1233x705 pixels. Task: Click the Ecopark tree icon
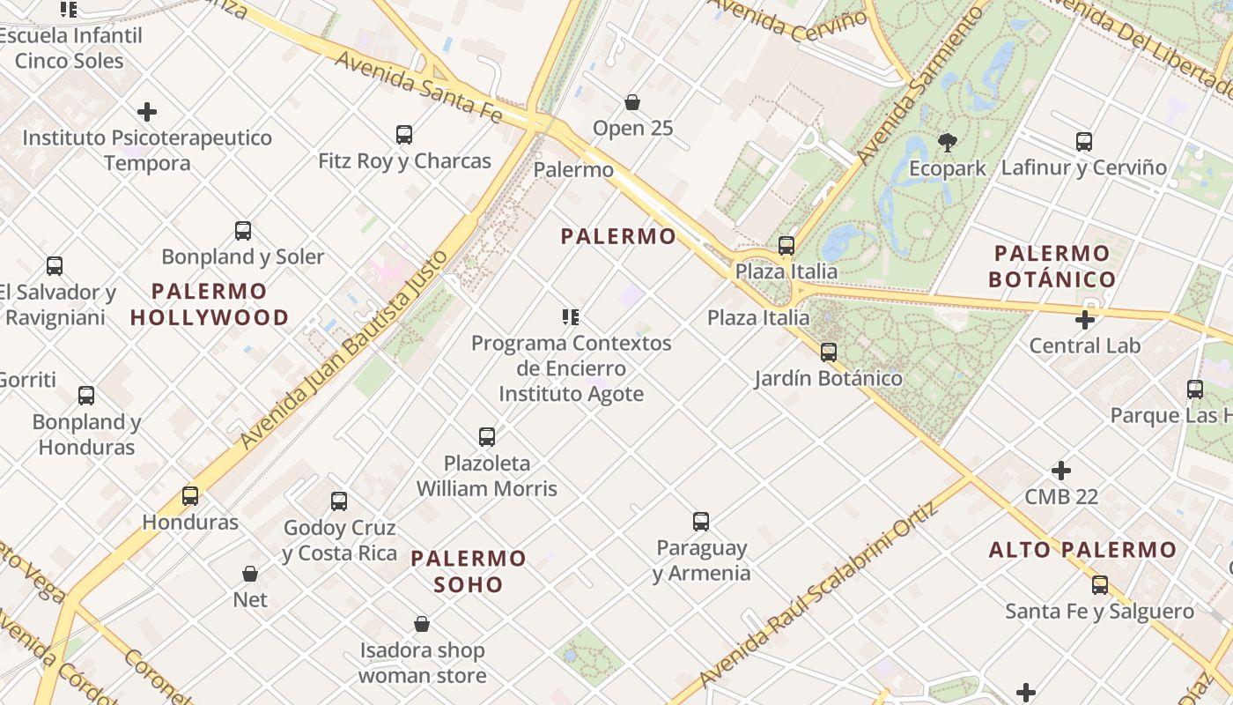coord(948,142)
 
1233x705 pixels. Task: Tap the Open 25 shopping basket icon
coord(631,102)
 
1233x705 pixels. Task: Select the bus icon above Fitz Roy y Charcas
coord(404,135)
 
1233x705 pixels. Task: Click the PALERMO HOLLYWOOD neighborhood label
coord(210,304)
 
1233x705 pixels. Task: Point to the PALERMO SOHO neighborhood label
coord(469,571)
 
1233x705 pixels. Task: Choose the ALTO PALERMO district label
coord(1082,550)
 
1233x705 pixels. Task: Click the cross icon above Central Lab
coord(1085,320)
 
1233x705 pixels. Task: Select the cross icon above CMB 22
coord(1061,471)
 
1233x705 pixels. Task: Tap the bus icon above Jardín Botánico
coord(829,352)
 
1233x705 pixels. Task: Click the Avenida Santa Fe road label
coord(418,86)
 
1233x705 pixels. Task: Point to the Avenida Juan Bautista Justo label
coord(344,349)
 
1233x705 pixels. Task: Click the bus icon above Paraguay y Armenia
coord(701,522)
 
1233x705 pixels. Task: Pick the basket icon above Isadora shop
coord(422,625)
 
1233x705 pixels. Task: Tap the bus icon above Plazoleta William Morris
coord(487,437)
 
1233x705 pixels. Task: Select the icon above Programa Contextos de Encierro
coord(571,317)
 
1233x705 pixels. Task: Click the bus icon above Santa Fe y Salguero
coord(1100,585)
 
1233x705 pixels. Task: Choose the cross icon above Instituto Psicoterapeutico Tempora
coord(147,112)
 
